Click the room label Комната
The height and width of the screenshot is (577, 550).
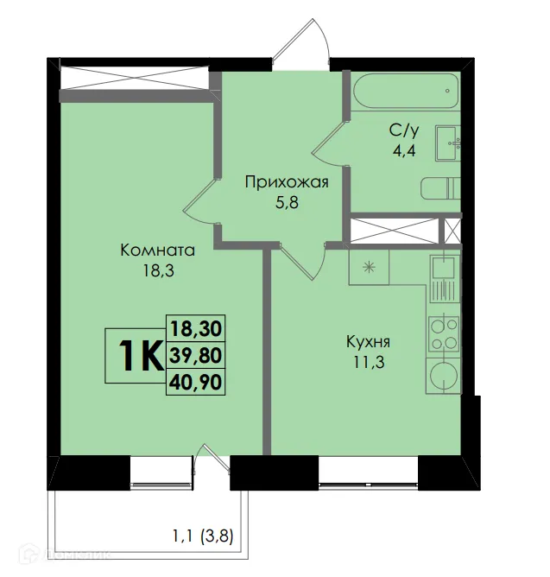pos(158,250)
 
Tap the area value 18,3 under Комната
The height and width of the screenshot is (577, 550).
pos(158,269)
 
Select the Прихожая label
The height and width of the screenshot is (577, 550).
pos(287,181)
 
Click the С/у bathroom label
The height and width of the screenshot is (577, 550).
pos(403,131)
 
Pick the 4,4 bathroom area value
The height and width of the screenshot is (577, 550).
pos(403,149)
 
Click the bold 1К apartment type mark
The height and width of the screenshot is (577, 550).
pos(136,355)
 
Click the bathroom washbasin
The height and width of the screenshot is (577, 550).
pos(448,143)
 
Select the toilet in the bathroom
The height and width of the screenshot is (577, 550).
pos(441,187)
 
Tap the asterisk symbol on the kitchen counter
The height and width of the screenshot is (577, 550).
pos(370,267)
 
